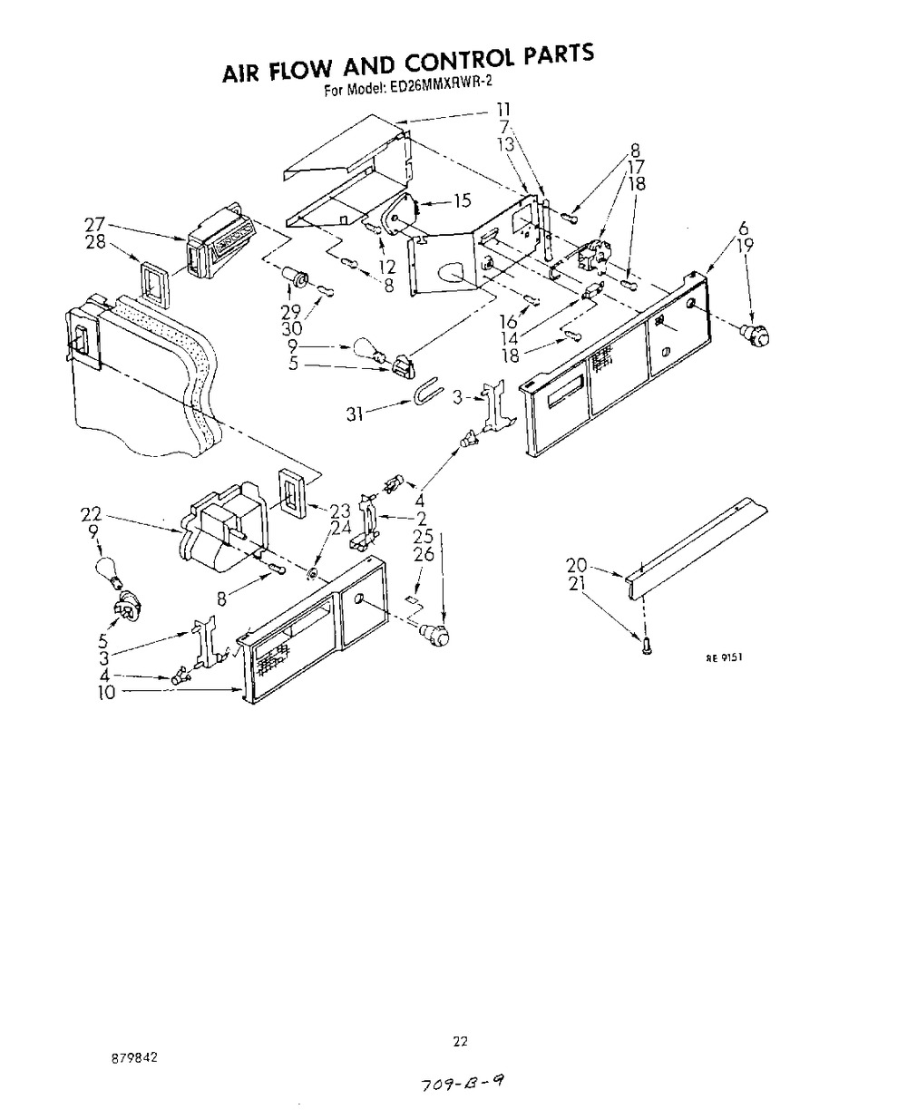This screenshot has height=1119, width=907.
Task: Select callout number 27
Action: [95, 225]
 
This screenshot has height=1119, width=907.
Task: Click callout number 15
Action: [463, 200]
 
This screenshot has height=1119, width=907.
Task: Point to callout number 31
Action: [355, 414]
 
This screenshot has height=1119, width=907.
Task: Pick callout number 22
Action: [91, 514]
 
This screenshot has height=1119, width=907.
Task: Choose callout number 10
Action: [107, 693]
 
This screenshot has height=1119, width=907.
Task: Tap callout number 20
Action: [577, 565]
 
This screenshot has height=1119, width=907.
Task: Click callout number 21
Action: [577, 583]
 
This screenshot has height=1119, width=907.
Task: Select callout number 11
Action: [503, 110]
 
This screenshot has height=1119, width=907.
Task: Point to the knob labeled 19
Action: [756, 336]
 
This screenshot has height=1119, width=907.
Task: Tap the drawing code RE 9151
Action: [724, 657]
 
